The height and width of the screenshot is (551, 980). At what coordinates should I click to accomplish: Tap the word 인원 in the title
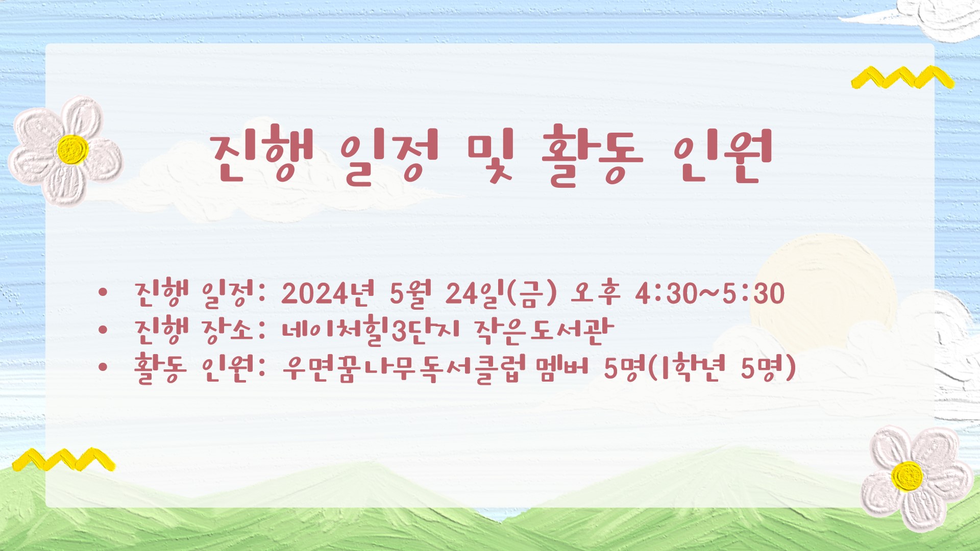(x=722, y=155)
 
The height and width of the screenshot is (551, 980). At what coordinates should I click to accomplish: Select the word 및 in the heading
(x=491, y=155)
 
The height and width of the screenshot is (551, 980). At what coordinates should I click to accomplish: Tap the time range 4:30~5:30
(x=710, y=294)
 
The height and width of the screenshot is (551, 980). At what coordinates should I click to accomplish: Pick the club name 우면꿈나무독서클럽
(x=404, y=368)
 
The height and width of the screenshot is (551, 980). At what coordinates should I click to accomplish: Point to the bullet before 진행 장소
(x=103, y=330)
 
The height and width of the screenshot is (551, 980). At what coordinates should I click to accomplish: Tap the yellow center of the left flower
(x=72, y=149)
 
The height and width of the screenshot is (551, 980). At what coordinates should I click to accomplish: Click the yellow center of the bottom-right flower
(x=907, y=476)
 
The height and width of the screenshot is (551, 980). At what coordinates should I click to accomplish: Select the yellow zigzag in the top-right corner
(x=902, y=77)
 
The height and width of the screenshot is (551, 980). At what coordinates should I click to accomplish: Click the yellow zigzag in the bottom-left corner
(x=64, y=459)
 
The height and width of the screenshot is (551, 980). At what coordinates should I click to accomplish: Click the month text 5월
(x=410, y=293)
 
